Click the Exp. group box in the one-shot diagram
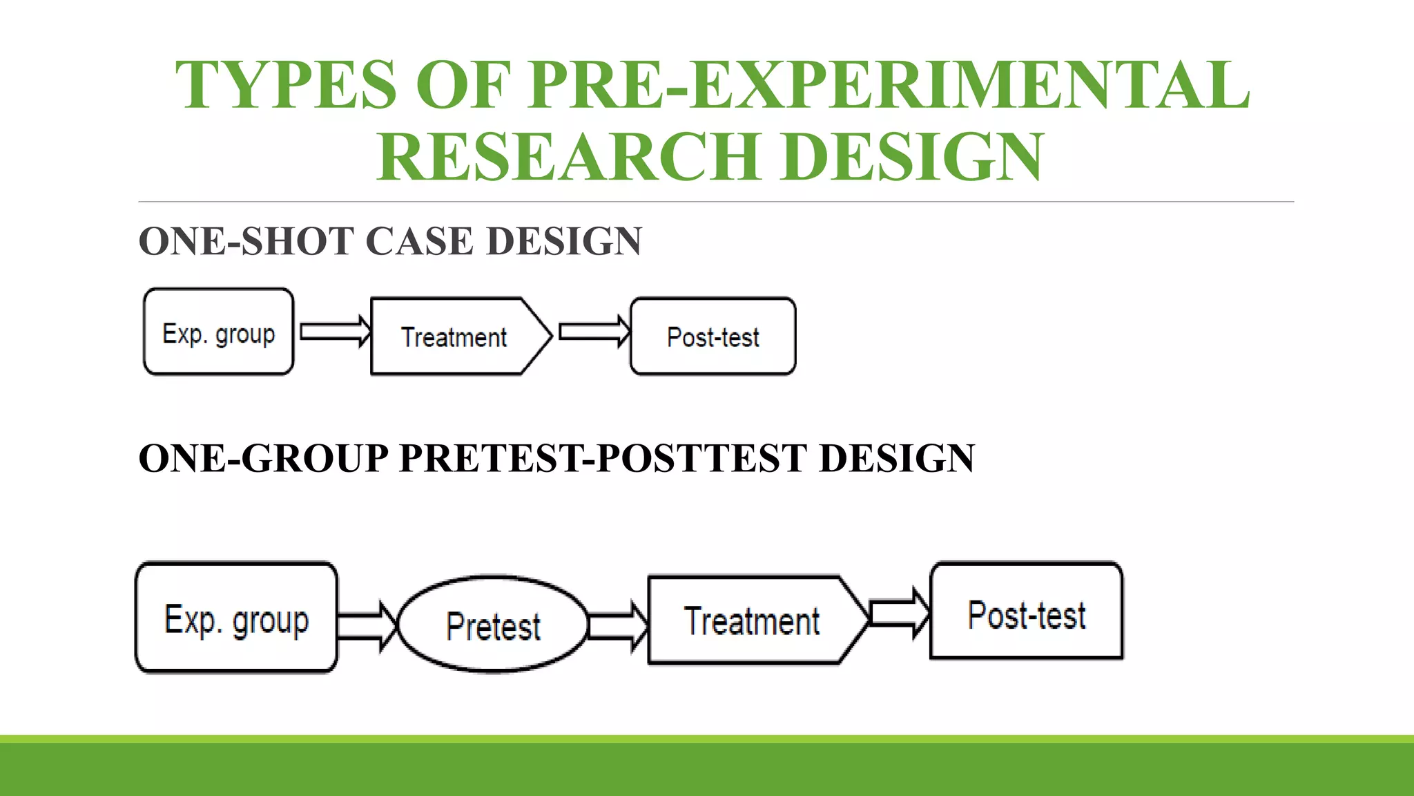click(x=218, y=332)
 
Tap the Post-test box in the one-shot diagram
click(x=713, y=337)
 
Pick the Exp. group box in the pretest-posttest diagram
click(x=236, y=618)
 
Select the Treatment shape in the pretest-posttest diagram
click(x=753, y=620)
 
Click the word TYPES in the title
click(x=285, y=86)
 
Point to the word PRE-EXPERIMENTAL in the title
click(x=889, y=86)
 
